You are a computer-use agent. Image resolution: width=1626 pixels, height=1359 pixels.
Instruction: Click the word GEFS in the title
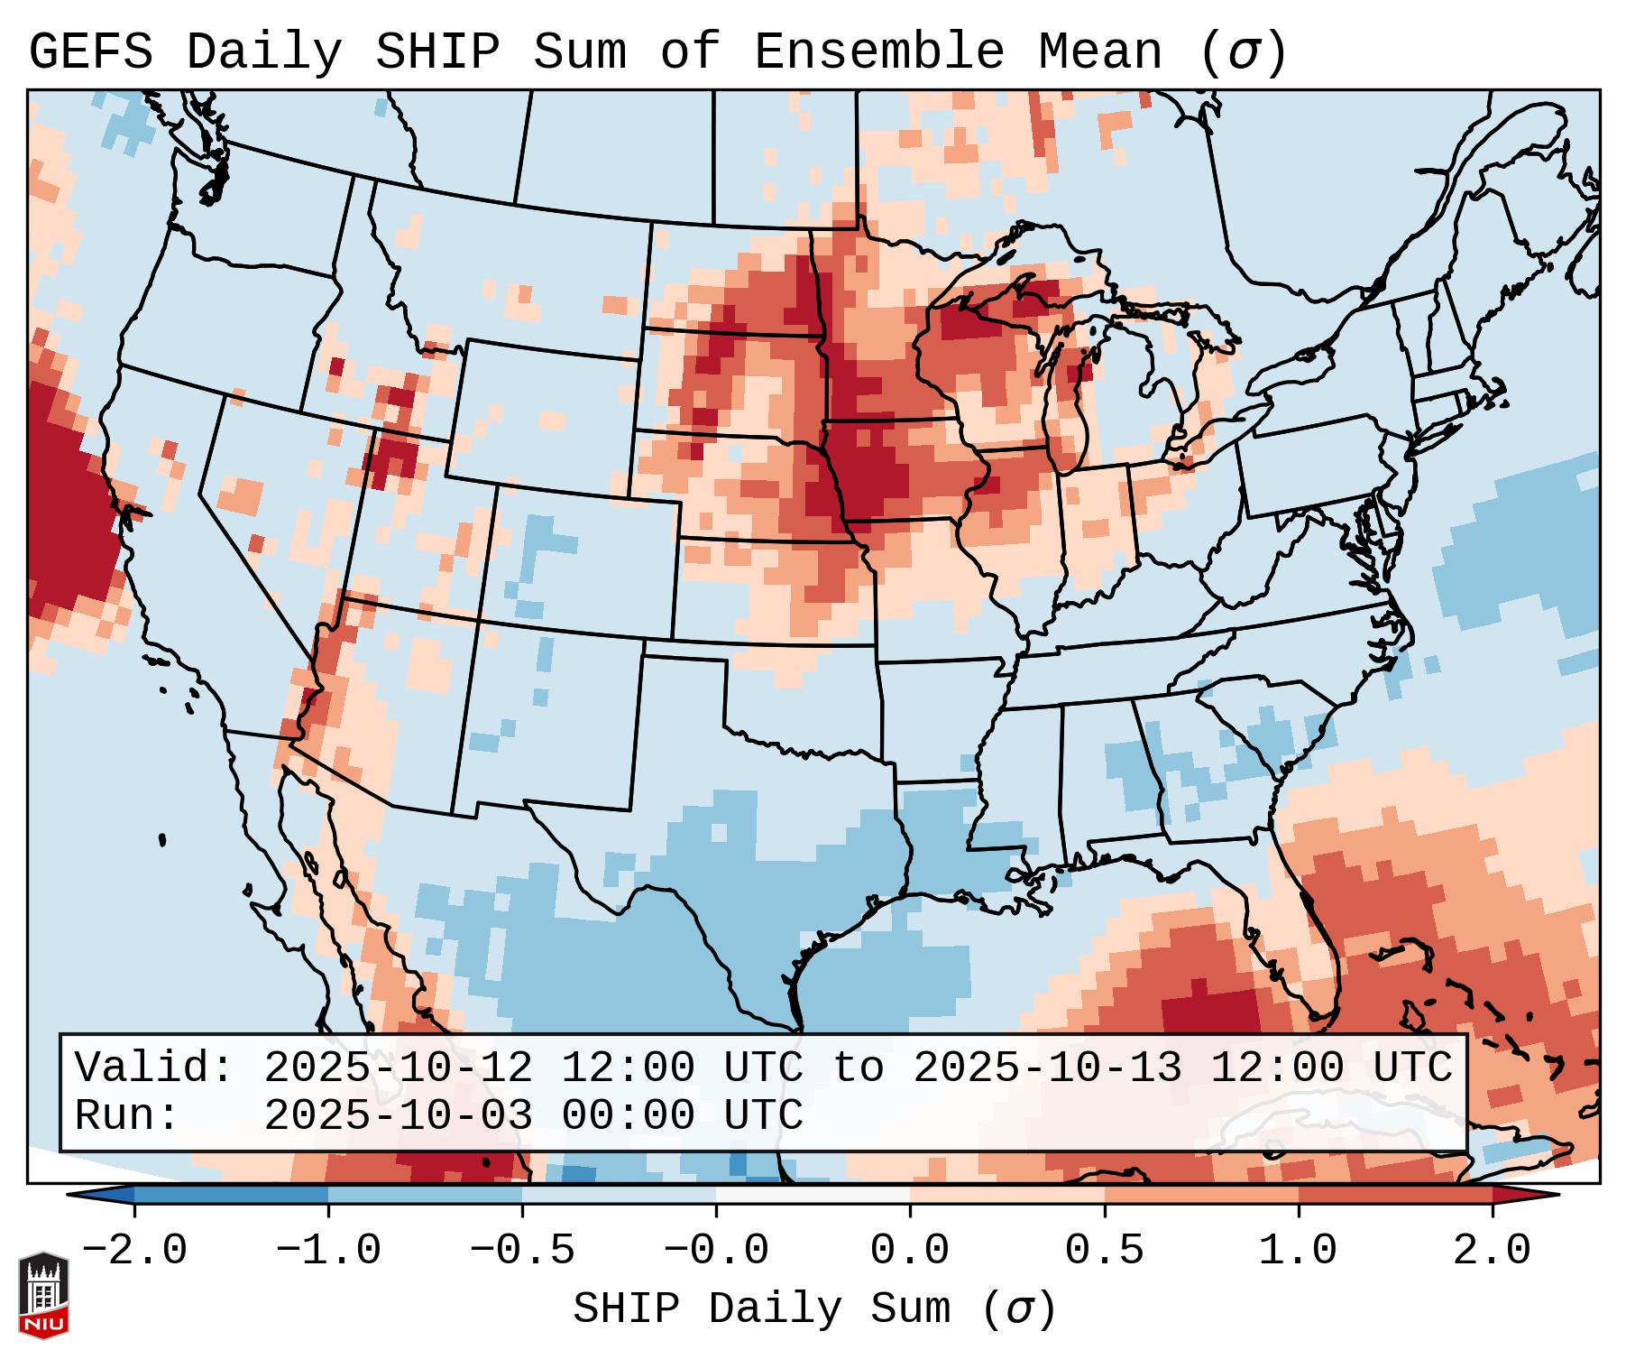[x=90, y=52]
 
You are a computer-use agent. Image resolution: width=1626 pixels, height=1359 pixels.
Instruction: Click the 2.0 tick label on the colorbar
[x=1493, y=1251]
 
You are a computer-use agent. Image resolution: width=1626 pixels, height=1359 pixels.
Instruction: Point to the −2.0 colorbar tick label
[x=133, y=1251]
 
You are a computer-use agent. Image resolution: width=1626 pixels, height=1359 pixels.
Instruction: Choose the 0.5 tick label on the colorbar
[x=1105, y=1251]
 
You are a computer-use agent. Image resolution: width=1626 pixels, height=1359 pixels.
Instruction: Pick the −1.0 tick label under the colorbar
[x=327, y=1251]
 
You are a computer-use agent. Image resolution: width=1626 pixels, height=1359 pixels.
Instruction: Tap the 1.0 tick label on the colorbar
[x=1299, y=1251]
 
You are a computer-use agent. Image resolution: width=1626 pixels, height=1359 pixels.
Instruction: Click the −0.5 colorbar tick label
[x=521, y=1251]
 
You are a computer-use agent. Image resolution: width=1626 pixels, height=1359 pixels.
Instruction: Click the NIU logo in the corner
[x=43, y=1294]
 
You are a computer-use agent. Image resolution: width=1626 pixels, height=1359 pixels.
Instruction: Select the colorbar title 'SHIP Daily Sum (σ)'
[x=813, y=1309]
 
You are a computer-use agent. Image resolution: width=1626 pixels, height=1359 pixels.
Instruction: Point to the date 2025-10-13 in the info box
[x=1047, y=1068]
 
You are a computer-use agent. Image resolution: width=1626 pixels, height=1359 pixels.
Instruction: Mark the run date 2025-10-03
[x=398, y=1115]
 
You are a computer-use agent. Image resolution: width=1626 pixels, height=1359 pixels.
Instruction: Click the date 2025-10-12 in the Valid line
[x=398, y=1068]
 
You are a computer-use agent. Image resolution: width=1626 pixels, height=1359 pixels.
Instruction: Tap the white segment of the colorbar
[x=813, y=1194]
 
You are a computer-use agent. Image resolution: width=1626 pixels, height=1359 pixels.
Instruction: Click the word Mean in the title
[x=1100, y=52]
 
